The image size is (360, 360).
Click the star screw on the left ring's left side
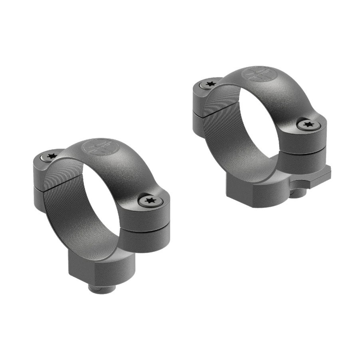(x=51, y=156)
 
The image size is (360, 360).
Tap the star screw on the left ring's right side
(x=150, y=200)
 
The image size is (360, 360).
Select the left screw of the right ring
(x=209, y=84)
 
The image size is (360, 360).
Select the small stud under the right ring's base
(x=296, y=193)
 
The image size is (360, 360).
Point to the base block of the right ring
(x=256, y=188)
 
